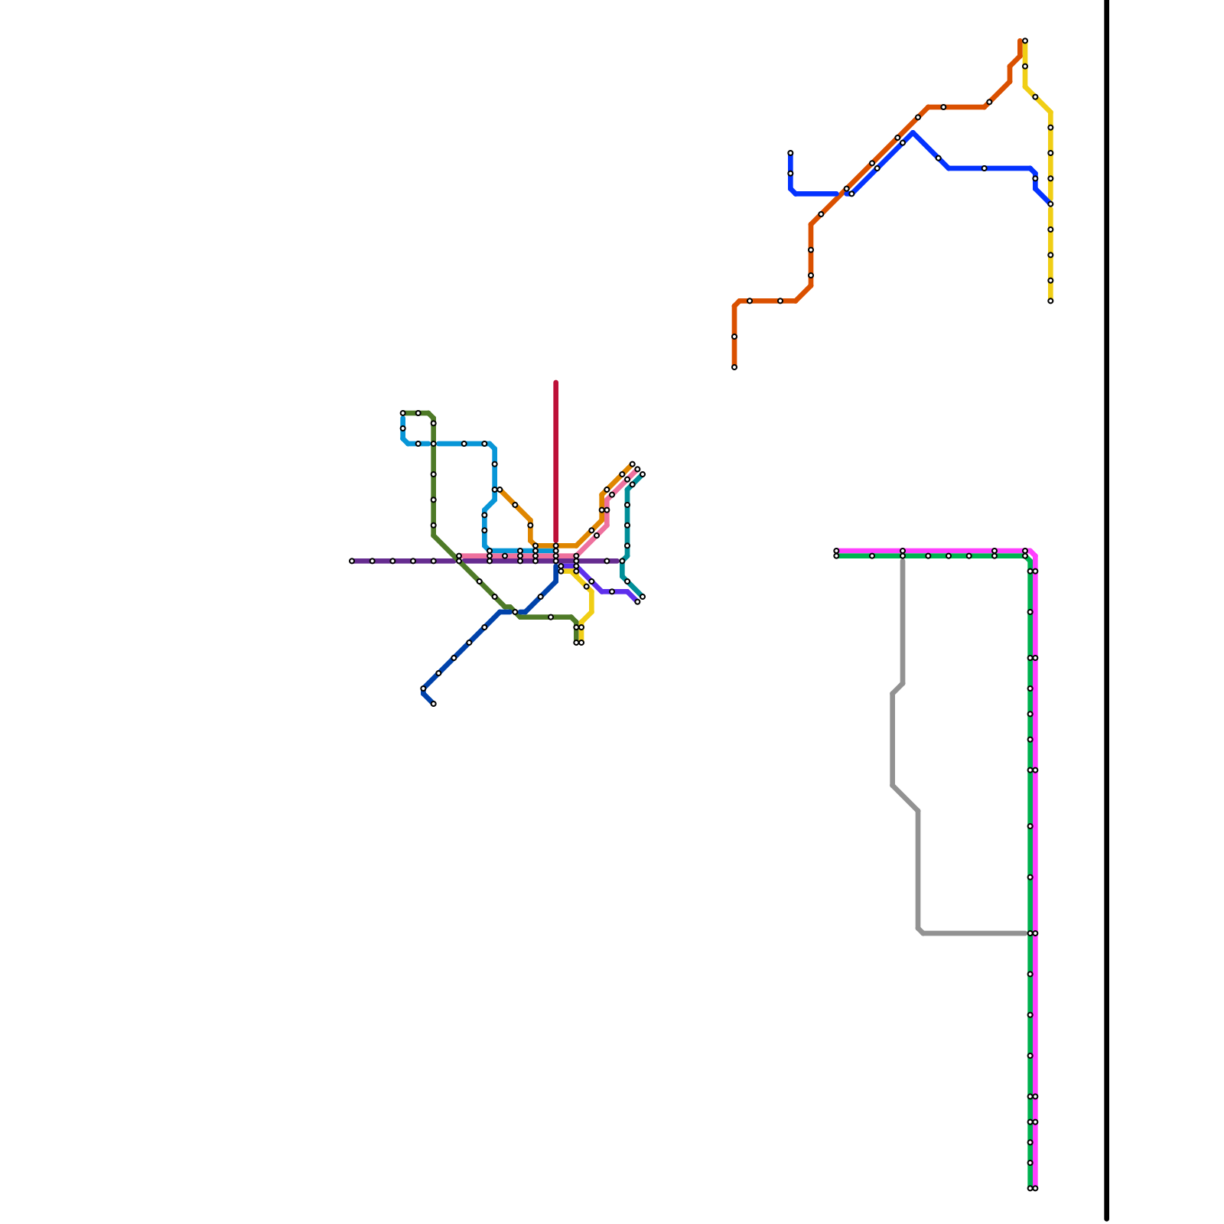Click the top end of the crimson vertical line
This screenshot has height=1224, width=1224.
pos(555,382)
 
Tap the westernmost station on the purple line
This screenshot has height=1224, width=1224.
pos(352,561)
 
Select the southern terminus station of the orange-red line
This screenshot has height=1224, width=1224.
pos(734,367)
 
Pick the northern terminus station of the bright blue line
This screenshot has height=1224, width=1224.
pos(790,153)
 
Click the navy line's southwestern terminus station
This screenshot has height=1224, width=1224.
pos(433,704)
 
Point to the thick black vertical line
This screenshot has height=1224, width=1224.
pos(1106,612)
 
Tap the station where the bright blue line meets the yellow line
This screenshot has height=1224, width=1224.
pos(1050,204)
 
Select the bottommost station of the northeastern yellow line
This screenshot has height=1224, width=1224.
pos(1050,301)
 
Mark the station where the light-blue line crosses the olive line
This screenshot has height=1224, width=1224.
pos(433,444)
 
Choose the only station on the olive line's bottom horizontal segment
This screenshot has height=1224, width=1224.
pos(551,617)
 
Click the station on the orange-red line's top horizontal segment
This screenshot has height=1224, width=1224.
pos(943,107)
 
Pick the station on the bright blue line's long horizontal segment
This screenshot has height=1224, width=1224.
pos(985,168)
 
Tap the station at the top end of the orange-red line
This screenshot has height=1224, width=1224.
pos(1024,41)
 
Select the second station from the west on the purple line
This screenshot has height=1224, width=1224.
pos(373,561)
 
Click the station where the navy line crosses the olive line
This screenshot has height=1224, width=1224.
pos(515,612)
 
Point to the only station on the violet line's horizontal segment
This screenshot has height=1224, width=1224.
pos(612,591)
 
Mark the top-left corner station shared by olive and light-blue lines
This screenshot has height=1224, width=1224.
pos(402,413)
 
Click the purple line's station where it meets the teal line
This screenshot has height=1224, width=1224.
pos(622,561)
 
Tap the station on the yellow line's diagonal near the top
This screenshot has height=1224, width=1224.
pos(1035,97)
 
